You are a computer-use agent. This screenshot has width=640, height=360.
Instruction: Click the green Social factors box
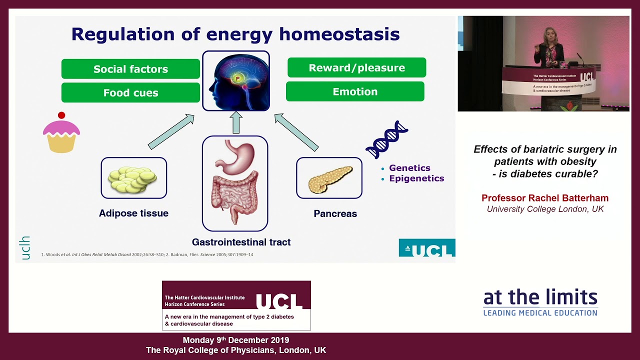click(x=130, y=69)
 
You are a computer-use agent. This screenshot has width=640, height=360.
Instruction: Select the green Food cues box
click(x=130, y=92)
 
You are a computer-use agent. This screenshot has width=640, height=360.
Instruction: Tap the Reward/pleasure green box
click(x=356, y=67)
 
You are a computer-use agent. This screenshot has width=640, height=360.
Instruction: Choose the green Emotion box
click(x=355, y=91)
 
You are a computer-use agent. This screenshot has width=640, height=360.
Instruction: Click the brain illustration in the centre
click(x=236, y=80)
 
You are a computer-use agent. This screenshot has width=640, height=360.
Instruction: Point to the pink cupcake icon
click(x=61, y=135)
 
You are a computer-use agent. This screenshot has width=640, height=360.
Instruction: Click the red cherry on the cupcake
click(x=61, y=115)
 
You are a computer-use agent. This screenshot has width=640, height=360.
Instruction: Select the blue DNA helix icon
click(x=387, y=139)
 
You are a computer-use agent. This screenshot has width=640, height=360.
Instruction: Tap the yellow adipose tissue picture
click(x=133, y=178)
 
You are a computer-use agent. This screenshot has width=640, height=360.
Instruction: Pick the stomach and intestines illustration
click(x=234, y=183)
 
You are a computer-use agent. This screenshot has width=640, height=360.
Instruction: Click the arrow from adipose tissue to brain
click(x=171, y=131)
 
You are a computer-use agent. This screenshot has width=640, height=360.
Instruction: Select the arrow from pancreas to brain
click(x=296, y=132)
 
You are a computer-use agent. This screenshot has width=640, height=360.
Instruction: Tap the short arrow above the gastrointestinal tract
click(x=236, y=122)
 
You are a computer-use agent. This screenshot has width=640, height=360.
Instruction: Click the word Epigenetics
click(x=416, y=178)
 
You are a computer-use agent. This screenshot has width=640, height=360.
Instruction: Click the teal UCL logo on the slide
click(x=426, y=248)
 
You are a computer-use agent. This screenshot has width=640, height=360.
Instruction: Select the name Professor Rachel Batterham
click(x=545, y=198)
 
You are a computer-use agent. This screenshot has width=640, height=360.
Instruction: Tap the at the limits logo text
click(x=540, y=298)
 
